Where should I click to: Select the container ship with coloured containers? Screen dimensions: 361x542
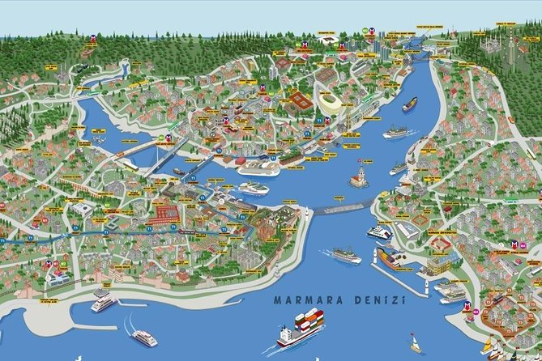coord(301,329)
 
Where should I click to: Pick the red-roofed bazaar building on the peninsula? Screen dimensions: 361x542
coord(168,214)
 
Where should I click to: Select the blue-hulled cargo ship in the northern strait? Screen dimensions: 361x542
coord(410,104)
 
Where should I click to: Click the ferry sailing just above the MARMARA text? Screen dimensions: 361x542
coord(346,256)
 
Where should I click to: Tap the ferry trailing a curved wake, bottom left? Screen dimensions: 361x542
coord(144,338)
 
